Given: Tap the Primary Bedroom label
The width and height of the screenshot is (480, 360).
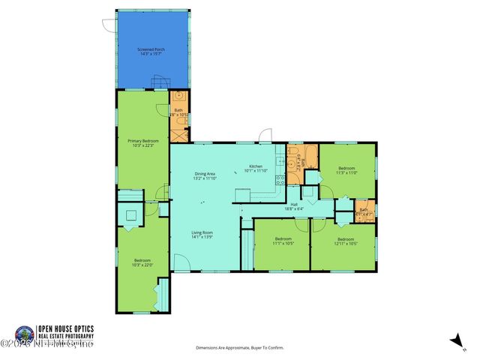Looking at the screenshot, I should coord(142,142).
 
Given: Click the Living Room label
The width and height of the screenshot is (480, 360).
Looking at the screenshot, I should coord(202,235).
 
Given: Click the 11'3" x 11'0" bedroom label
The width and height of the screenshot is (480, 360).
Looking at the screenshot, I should coord(346,170).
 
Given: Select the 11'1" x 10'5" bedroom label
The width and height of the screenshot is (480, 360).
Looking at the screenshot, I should coord(283,241).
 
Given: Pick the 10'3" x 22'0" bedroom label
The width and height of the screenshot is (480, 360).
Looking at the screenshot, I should coord(142,262).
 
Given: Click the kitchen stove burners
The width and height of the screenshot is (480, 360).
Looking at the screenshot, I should coord(280,179).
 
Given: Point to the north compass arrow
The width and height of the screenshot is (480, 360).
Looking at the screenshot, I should coord(454,340).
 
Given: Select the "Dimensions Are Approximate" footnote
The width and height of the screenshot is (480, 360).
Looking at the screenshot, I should coord(241,348).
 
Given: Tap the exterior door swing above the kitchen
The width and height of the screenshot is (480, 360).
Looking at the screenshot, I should coord(263,136).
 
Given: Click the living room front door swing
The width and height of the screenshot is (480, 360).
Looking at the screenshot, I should coord(181,262).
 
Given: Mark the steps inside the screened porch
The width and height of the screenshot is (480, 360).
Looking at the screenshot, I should coord(157,82).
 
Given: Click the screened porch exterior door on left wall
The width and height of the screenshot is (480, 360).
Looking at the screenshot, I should coord(110,25).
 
